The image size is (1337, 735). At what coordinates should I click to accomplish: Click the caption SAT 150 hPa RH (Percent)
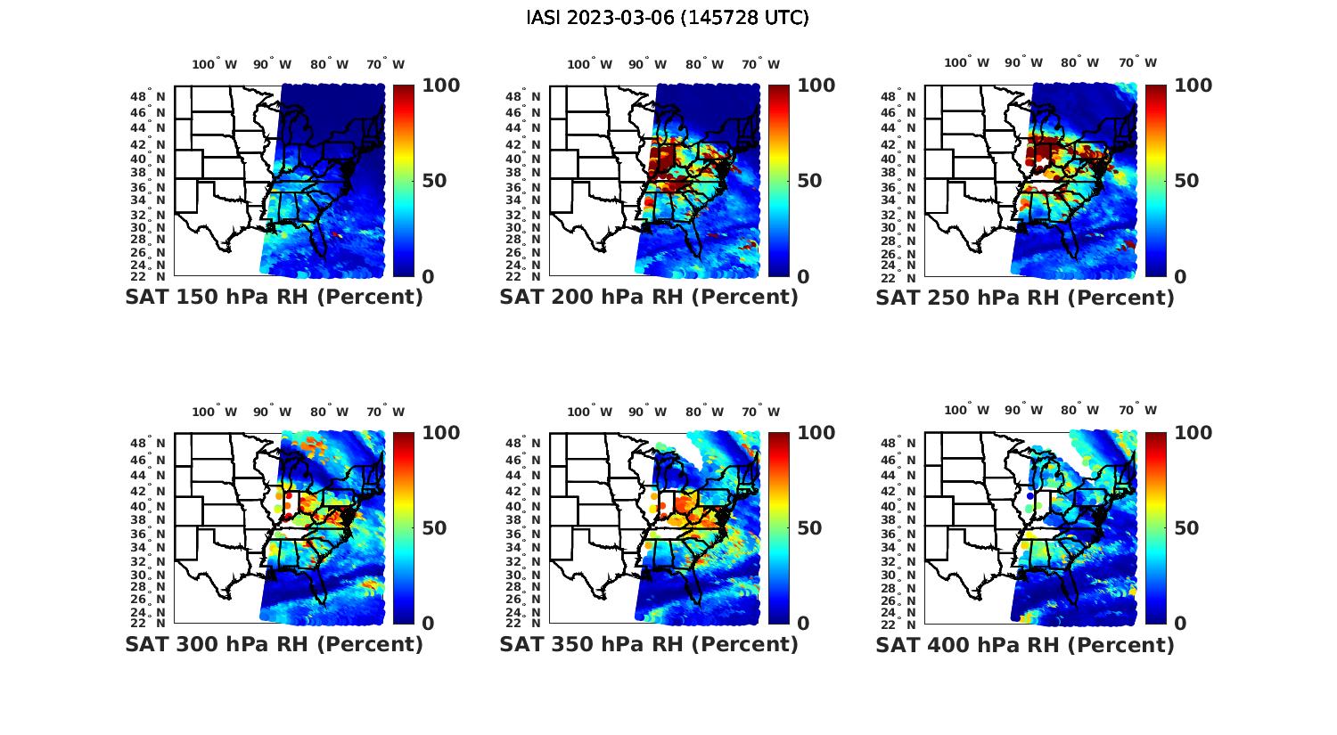pyautogui.click(x=274, y=298)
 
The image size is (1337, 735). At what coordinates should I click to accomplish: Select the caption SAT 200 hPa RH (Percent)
pyautogui.click(x=649, y=298)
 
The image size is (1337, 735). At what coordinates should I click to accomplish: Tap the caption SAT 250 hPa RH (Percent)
pyautogui.click(x=1025, y=298)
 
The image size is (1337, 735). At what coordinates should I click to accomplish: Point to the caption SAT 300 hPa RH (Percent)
pyautogui.click(x=274, y=644)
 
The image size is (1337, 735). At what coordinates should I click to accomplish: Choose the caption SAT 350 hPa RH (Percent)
pyautogui.click(x=649, y=644)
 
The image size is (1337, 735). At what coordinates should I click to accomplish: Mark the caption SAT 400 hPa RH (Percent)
pyautogui.click(x=1025, y=644)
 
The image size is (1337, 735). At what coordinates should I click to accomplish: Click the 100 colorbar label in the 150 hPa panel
pyautogui.click(x=440, y=86)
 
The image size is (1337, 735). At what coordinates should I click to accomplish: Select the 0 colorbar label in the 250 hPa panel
pyautogui.click(x=1180, y=276)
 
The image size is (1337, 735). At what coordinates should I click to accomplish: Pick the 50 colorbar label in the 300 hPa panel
pyautogui.click(x=434, y=528)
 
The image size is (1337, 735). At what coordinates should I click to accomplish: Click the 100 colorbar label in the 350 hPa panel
pyautogui.click(x=816, y=433)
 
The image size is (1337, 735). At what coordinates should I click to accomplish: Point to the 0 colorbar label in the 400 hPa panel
pyautogui.click(x=1180, y=624)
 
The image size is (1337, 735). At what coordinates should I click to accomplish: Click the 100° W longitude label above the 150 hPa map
pyautogui.click(x=215, y=64)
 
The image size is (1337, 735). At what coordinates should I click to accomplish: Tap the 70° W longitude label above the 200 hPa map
pyautogui.click(x=760, y=64)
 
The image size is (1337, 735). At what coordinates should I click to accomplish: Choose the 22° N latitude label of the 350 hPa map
pyautogui.click(x=529, y=623)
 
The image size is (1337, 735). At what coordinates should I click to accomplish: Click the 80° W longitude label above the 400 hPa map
pyautogui.click(x=1079, y=411)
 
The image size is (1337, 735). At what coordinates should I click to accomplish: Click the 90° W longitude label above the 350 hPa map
pyautogui.click(x=647, y=412)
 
